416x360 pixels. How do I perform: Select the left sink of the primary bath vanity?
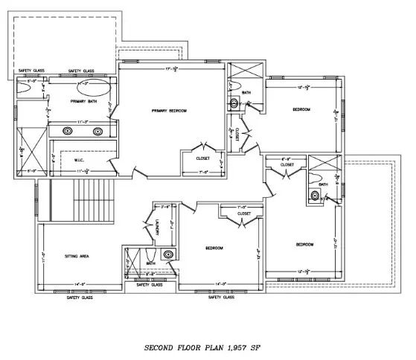(68, 131)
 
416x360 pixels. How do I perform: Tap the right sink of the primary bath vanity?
(98, 131)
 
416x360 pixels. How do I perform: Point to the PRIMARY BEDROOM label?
(169, 111)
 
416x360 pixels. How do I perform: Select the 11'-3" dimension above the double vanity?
(83, 121)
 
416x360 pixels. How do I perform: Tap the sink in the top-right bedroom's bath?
(233, 103)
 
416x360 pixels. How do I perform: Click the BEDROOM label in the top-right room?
(301, 109)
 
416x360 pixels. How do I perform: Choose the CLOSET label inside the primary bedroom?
(203, 158)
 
